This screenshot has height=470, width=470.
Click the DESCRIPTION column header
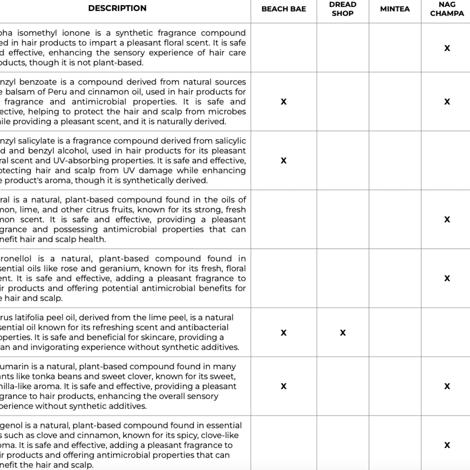(117, 8)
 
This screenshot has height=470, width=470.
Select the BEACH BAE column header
(283, 9)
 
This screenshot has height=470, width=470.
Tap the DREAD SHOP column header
(342, 9)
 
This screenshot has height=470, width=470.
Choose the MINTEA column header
(395, 9)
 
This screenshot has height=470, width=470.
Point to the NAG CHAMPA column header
(447, 9)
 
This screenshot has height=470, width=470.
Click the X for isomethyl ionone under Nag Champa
(447, 48)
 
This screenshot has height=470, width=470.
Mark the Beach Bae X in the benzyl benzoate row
(283, 102)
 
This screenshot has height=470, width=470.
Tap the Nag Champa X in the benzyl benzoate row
(447, 102)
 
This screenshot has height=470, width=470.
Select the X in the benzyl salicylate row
(283, 160)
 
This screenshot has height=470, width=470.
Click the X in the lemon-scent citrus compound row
(447, 219)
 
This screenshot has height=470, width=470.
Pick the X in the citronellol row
(447, 278)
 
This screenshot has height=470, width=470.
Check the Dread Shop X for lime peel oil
(343, 332)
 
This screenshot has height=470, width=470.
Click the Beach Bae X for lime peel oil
(283, 332)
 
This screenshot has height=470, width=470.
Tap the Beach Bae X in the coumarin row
(283, 386)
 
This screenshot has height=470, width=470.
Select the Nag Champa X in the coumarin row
(447, 386)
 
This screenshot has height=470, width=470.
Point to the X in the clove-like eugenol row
(447, 445)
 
